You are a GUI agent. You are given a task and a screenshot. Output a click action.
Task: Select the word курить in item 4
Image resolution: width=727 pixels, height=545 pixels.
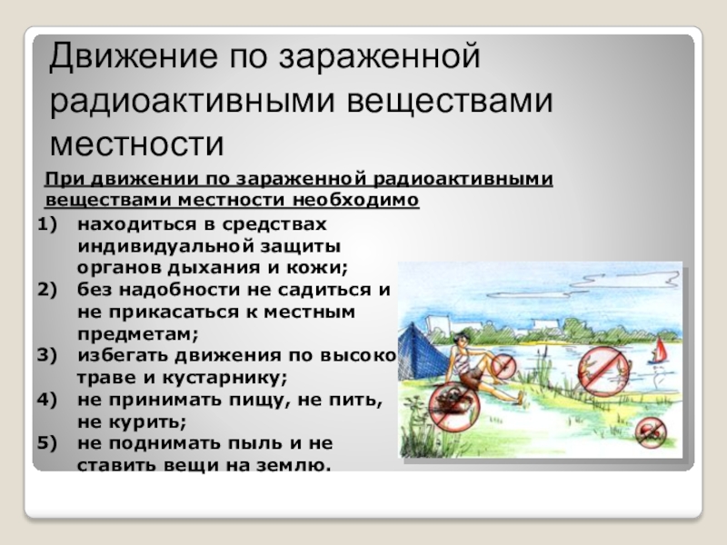(x=149, y=421)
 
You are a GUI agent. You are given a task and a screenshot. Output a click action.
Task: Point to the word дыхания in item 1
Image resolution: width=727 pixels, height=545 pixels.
(x=219, y=267)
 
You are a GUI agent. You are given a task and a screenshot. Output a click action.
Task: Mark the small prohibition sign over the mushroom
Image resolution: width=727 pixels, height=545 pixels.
(x=650, y=431)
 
